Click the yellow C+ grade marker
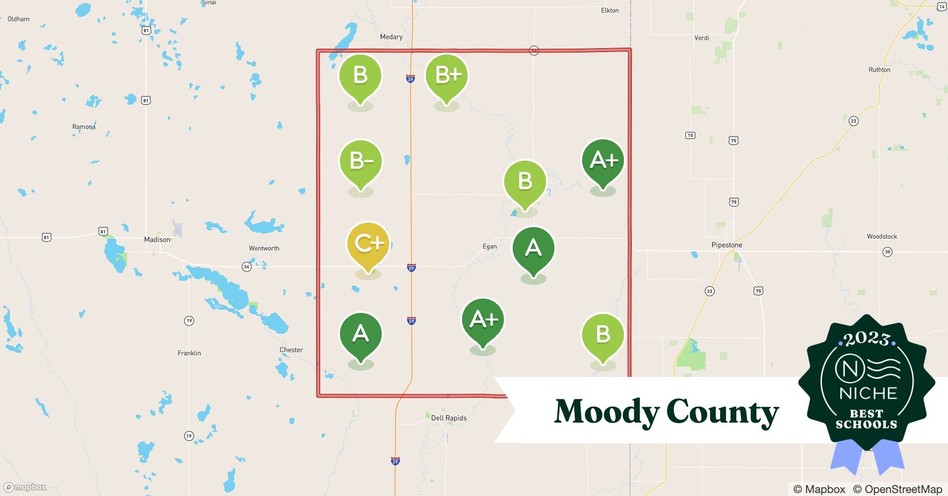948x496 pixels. pyautogui.click(x=368, y=244)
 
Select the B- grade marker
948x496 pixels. pyautogui.click(x=361, y=161)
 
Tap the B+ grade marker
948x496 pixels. pyautogui.click(x=447, y=75)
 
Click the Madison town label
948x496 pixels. pyautogui.click(x=157, y=240)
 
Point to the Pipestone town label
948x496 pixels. pyautogui.click(x=727, y=245)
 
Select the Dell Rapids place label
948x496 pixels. pyautogui.click(x=449, y=418)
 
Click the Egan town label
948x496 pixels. pyautogui.click(x=489, y=247)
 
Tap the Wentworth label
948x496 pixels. pyautogui.click(x=264, y=248)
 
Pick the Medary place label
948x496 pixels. pyautogui.click(x=391, y=37)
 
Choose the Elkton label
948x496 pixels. pyautogui.click(x=609, y=10)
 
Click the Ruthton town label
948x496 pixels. pyautogui.click(x=880, y=70)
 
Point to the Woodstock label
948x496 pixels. pyautogui.click(x=882, y=237)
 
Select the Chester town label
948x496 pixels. pyautogui.click(x=291, y=350)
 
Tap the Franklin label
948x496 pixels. pyautogui.click(x=189, y=353)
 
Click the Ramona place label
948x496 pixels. pyautogui.click(x=84, y=127)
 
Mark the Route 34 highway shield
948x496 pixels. pyautogui.click(x=247, y=267)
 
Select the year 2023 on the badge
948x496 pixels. pyautogui.click(x=867, y=339)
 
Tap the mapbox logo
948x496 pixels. pyautogui.click(x=25, y=487)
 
